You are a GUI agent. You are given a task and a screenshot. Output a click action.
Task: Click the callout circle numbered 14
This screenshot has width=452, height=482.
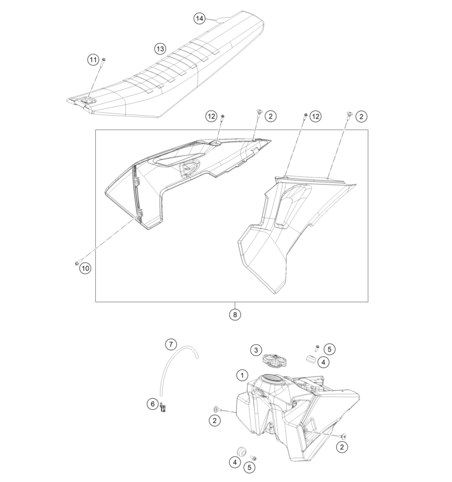pyautogui.click(x=199, y=19)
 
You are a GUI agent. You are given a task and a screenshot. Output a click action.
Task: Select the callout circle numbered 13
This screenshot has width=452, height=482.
pyautogui.click(x=160, y=49)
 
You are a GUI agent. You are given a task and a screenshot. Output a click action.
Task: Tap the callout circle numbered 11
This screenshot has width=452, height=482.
pyautogui.click(x=93, y=60)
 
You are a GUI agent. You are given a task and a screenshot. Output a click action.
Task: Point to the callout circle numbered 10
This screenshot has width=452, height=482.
pyautogui.click(x=85, y=268)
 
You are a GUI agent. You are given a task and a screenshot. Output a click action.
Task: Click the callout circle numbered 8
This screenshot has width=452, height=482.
pyautogui.click(x=235, y=315)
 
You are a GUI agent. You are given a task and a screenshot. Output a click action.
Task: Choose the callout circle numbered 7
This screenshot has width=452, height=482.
pyautogui.click(x=171, y=344)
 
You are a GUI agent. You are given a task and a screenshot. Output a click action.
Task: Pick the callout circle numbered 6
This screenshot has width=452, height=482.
pyautogui.click(x=153, y=404)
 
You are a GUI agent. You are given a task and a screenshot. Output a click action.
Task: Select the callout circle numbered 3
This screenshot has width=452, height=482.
pyautogui.click(x=256, y=350)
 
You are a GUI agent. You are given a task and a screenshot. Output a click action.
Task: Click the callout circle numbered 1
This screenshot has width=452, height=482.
pyautogui.click(x=242, y=375)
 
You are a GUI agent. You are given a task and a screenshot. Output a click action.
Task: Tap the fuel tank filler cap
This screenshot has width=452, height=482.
pyautogui.click(x=274, y=360)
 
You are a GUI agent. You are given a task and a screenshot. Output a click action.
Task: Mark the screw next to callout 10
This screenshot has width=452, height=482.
pyautogui.click(x=78, y=263)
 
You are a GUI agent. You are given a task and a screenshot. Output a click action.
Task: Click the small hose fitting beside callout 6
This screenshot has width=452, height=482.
pyautogui.click(x=163, y=407)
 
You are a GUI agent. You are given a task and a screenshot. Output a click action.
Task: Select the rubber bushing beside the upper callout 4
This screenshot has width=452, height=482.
pyautogui.click(x=311, y=359)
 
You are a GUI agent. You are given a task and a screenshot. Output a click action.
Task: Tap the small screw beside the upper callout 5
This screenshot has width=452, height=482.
pyautogui.click(x=316, y=348)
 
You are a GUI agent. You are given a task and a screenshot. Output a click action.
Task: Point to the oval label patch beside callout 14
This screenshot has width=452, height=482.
pyautogui.click(x=225, y=20)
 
